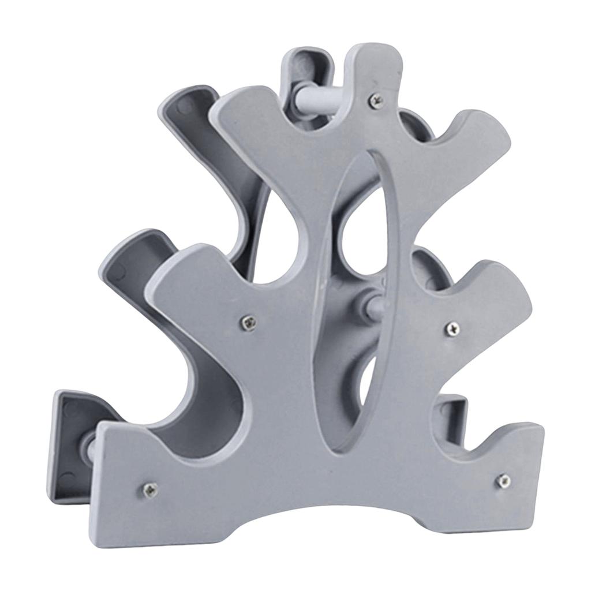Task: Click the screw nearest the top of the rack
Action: point(376,100)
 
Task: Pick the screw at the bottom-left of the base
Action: point(149,489)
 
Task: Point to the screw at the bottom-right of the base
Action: point(503,480)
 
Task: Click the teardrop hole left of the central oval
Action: point(271,248)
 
